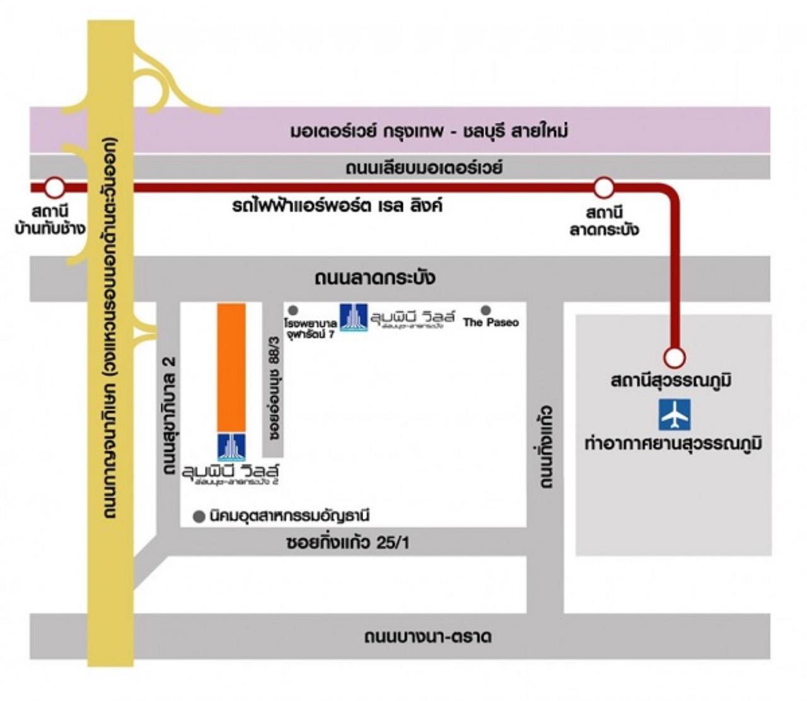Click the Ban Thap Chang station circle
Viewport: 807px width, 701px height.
click(55, 187)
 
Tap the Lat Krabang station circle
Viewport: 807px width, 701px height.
click(604, 187)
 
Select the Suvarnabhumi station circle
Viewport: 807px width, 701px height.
click(675, 358)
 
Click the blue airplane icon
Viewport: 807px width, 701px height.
click(675, 414)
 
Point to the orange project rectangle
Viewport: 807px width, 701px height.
click(231, 367)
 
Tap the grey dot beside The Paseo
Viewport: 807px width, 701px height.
click(485, 310)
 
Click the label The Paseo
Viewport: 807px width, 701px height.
click(491, 322)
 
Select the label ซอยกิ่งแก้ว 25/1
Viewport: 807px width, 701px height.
click(347, 542)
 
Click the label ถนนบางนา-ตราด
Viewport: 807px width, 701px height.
click(428, 636)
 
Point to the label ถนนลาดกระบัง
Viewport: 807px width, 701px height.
click(374, 278)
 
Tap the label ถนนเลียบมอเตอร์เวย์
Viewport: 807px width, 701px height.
click(424, 168)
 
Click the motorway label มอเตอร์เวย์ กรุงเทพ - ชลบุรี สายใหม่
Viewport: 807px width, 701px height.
click(429, 131)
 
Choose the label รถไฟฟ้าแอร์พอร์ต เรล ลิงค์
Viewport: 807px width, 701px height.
click(337, 205)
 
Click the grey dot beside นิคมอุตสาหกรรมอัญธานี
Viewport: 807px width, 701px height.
click(199, 516)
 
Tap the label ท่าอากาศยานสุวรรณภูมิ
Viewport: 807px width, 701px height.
click(673, 443)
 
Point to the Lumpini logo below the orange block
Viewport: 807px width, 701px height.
click(231, 447)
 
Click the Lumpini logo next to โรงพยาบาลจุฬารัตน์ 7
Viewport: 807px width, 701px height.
click(354, 317)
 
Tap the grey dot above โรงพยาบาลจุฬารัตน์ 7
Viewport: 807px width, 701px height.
click(293, 310)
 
